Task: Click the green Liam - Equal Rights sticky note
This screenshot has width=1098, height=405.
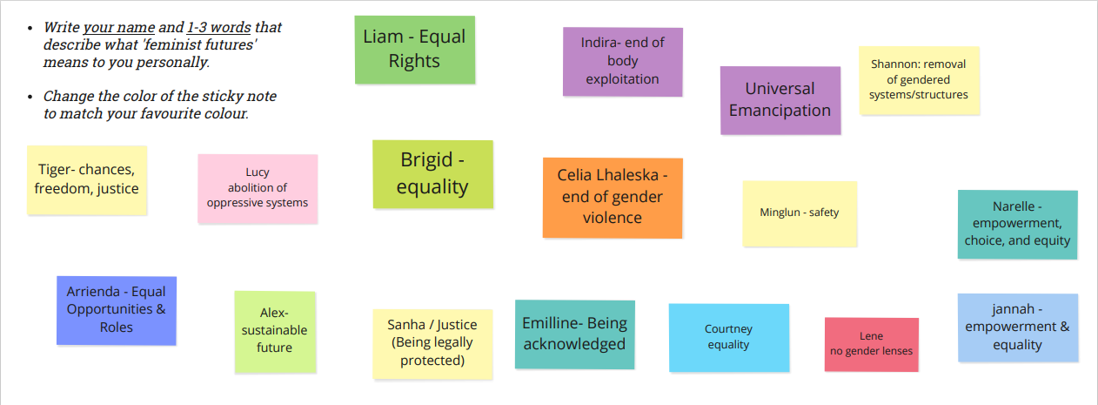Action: point(415,50)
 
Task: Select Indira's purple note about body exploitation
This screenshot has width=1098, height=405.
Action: point(623,61)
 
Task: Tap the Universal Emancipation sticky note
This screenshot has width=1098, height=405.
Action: point(780,100)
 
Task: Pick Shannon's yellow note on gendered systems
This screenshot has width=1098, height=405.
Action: point(919,80)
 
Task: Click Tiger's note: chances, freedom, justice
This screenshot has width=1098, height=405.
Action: point(87,179)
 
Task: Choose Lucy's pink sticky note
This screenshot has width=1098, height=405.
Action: point(258,188)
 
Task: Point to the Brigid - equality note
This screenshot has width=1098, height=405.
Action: point(432,174)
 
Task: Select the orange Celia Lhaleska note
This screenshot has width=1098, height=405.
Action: point(613,198)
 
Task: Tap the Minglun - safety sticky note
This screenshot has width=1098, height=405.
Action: point(800,213)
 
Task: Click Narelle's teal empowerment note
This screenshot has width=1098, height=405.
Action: point(1018,225)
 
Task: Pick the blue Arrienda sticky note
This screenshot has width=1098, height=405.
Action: point(117,310)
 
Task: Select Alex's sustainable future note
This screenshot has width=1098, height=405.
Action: point(275,332)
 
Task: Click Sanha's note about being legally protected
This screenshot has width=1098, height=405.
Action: point(432,344)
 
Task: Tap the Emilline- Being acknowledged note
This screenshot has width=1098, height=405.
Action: point(574,334)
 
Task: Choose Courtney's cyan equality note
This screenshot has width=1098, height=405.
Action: point(729,338)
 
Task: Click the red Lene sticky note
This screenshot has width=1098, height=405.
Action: point(872,344)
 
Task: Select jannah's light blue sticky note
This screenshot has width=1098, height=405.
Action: point(1018,327)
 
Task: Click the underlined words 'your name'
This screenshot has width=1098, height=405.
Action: point(119,27)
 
